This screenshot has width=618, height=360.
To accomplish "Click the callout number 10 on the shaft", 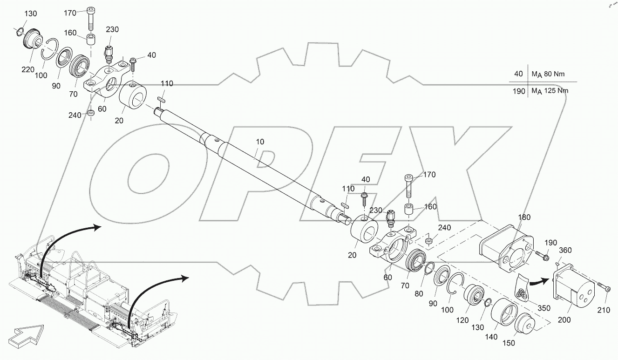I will [x=260, y=141].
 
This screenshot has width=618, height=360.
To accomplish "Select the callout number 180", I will [x=524, y=217].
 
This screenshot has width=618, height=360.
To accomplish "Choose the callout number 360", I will [x=565, y=251].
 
